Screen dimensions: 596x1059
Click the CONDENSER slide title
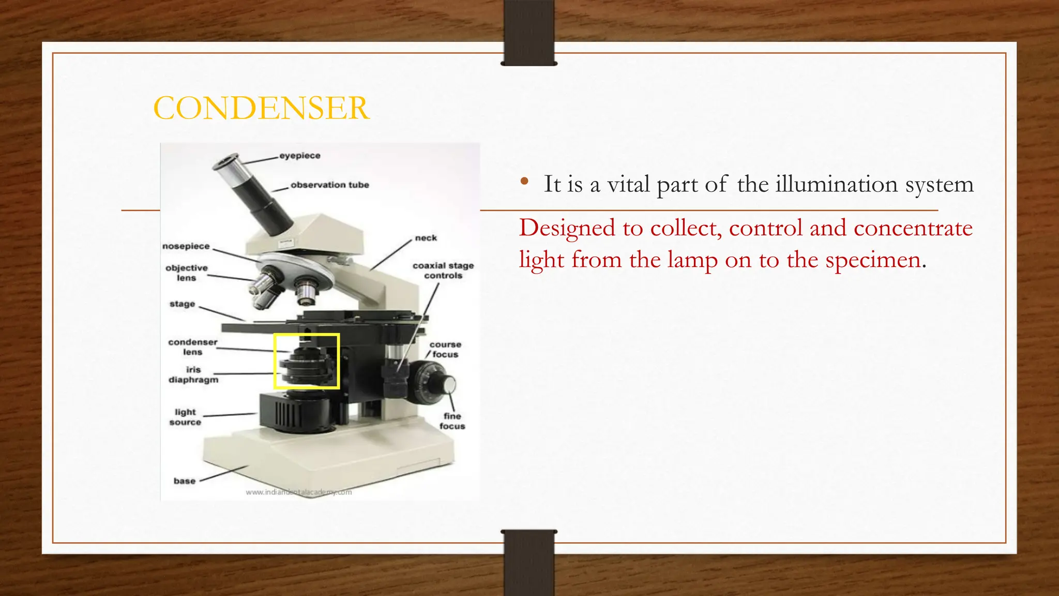point(261,108)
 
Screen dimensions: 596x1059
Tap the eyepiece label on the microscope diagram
point(299,156)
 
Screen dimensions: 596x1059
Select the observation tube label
point(329,185)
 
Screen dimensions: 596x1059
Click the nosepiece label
point(186,246)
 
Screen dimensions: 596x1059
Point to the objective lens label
point(186,273)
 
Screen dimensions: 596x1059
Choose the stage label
point(182,304)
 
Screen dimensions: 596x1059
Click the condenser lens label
point(192,347)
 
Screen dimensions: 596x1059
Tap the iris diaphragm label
point(193,375)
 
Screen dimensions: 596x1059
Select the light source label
point(185,417)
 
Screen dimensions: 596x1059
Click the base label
point(185,481)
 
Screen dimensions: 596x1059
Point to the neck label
point(426,238)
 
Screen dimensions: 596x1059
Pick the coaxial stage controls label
point(443,271)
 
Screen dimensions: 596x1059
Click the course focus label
point(445,349)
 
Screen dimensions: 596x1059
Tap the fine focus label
point(452,421)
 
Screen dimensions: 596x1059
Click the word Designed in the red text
point(567,228)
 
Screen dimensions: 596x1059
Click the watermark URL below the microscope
point(298,492)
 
